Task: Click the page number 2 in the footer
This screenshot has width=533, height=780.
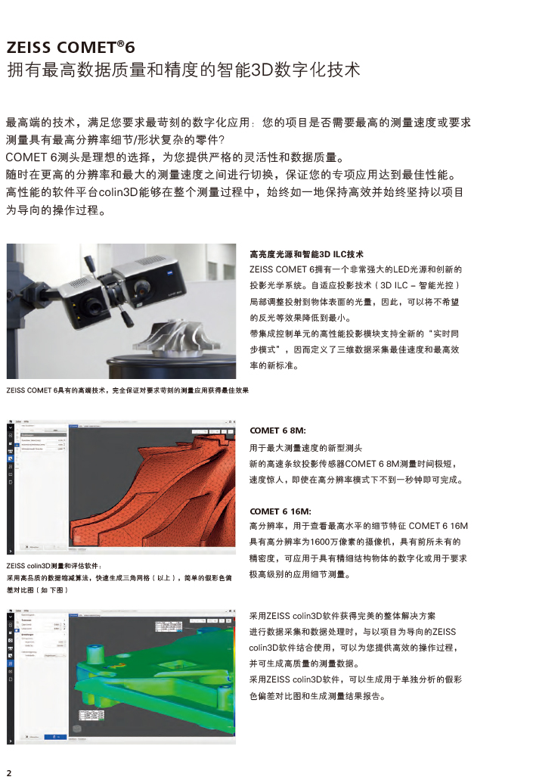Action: coord(9,772)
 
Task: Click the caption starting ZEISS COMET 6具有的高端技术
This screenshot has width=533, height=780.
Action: coord(127,390)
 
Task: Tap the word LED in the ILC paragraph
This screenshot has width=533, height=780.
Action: coord(406,269)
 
